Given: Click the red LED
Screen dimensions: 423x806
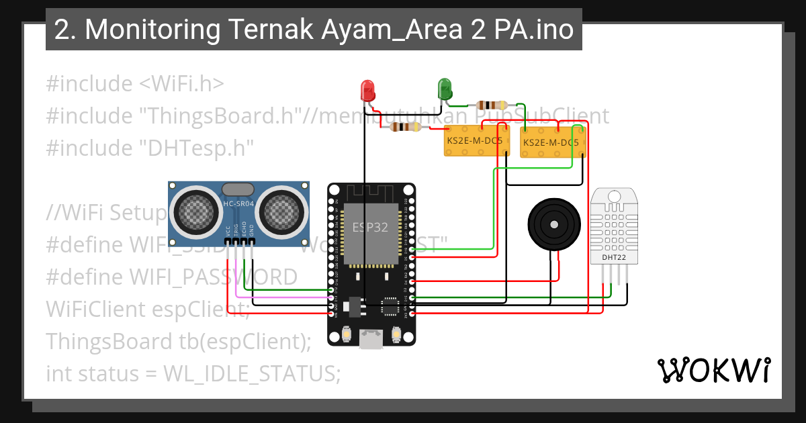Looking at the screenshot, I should pyautogui.click(x=367, y=91).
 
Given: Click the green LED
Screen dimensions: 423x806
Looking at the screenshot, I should pyautogui.click(x=445, y=89).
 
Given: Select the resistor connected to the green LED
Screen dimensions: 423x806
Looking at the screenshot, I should pyautogui.click(x=492, y=105).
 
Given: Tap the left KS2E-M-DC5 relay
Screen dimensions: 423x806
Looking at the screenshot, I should pyautogui.click(x=477, y=141).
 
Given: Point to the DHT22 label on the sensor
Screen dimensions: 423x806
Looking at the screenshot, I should pyautogui.click(x=610, y=256).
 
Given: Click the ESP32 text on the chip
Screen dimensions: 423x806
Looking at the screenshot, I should pyautogui.click(x=371, y=227).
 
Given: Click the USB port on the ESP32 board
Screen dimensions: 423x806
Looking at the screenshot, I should pyautogui.click(x=371, y=339).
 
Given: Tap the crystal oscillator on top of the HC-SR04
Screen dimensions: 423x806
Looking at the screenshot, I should pyautogui.click(x=238, y=190).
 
